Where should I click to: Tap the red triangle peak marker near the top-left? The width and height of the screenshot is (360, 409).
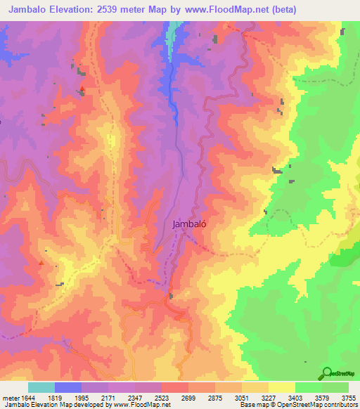point(82,89)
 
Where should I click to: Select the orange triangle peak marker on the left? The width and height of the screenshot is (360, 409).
point(41,263)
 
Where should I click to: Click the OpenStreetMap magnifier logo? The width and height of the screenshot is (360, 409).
point(327,372)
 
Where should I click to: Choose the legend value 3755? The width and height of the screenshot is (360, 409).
point(349,398)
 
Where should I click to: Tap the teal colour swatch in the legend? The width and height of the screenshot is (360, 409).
point(41,388)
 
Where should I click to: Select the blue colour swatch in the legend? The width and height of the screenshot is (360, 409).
point(68,388)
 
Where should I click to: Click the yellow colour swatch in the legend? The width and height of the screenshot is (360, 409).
point(282,388)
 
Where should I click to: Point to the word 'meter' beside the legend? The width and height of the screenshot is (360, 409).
point(9,398)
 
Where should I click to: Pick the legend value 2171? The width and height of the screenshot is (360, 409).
point(110,398)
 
